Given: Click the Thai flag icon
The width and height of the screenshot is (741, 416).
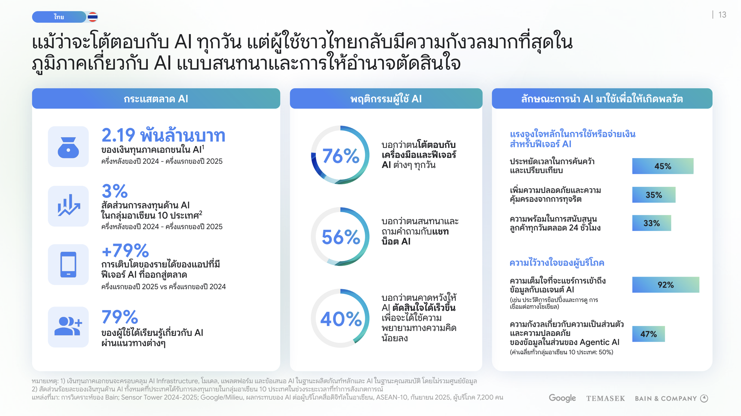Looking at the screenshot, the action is coord(92,17).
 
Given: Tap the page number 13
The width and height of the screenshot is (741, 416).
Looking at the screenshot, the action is coord(722,15).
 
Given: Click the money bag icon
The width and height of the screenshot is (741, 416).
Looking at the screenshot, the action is coord(68,147).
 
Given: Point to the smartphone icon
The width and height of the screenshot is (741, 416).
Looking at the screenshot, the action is coord(68,265).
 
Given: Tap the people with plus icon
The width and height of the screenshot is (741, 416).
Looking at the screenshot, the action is coord(68,327).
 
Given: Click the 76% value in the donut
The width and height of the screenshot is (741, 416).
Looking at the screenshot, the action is coord(340,156).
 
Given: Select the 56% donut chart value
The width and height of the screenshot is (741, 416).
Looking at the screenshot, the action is coord(340,237).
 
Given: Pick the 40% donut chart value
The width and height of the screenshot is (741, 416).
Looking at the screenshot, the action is coord(341,319).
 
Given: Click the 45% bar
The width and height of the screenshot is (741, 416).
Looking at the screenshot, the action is coord(663,166).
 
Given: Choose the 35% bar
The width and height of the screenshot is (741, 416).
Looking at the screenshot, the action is coord(654,195).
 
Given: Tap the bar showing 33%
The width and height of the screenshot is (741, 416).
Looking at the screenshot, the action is coord(652,223).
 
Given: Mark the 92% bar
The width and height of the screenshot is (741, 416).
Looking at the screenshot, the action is coord(666,285).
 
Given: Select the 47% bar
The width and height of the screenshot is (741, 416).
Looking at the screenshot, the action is coord(649,334).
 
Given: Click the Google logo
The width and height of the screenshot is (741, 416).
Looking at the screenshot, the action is coord(562,398).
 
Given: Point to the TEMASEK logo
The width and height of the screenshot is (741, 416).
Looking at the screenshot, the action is coord(606,398).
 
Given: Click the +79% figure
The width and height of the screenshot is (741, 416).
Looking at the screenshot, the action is coord(125,250).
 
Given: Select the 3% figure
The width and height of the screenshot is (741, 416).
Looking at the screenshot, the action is coord(114,191).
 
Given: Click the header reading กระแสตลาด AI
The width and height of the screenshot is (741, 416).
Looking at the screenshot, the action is coord(156,99).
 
